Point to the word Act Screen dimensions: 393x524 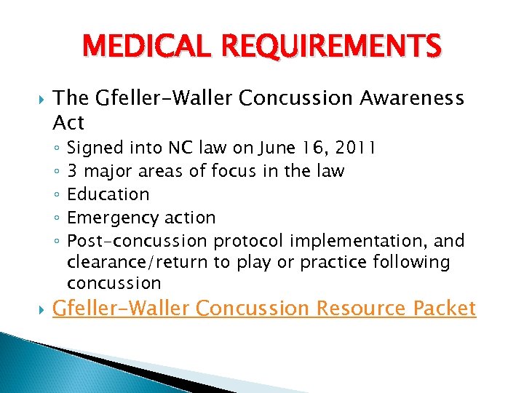69,122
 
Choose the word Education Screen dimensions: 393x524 108,194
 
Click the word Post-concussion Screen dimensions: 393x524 138,240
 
